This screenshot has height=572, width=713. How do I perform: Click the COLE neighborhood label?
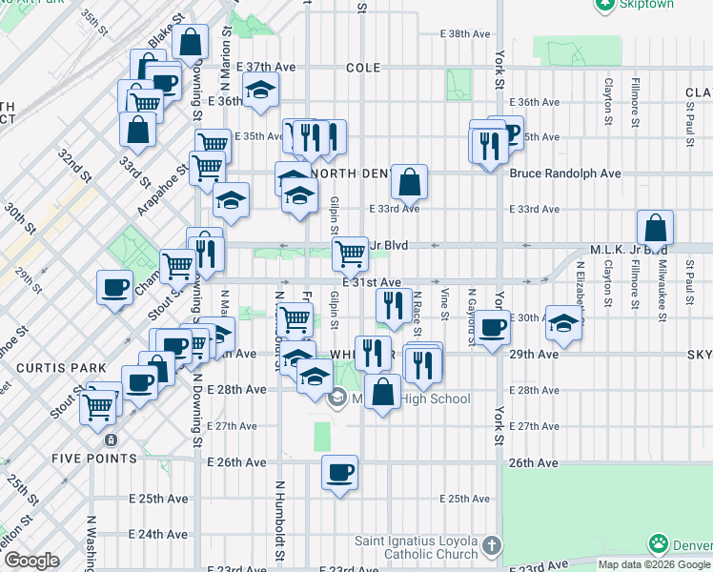click(363, 68)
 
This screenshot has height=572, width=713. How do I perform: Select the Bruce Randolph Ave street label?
click(565, 174)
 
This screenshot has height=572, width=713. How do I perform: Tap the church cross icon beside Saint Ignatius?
click(491, 546)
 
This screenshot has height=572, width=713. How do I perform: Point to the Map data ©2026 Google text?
click(655, 564)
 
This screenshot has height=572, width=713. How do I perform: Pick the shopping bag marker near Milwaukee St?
click(656, 229)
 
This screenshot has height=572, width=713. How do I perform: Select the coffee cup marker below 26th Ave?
click(338, 472)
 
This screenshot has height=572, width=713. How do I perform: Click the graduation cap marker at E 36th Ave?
click(259, 92)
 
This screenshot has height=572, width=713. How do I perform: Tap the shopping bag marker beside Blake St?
click(191, 43)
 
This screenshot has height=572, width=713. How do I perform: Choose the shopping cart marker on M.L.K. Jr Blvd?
click(351, 254)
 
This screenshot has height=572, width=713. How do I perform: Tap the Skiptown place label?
click(647, 5)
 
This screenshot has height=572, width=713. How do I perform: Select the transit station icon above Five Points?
click(112, 440)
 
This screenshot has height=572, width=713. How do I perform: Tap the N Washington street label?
click(92, 543)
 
